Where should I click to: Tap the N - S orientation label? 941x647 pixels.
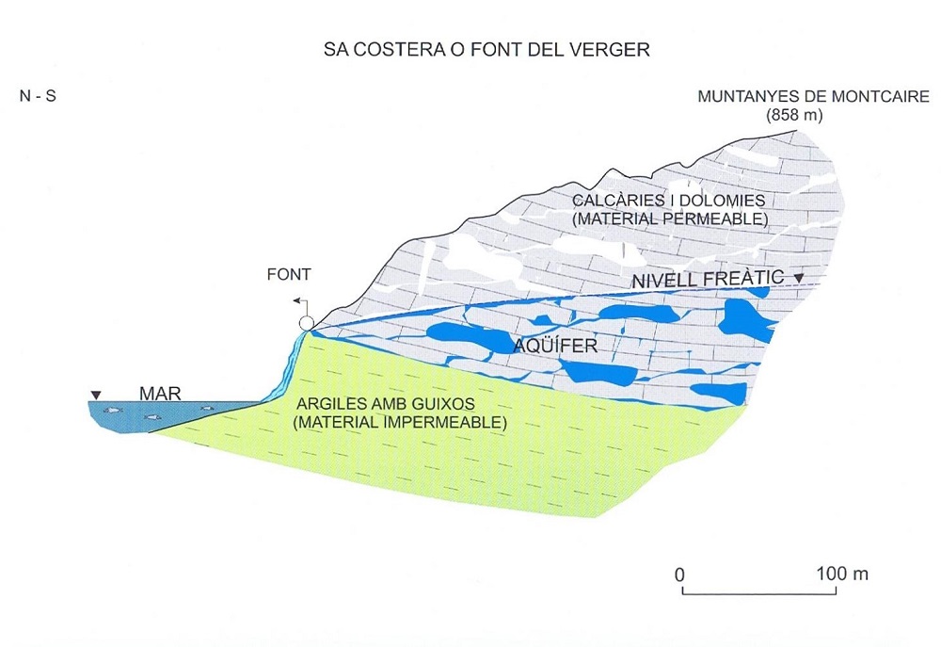tap(38, 95)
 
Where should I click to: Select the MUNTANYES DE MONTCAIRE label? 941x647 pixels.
tap(813, 96)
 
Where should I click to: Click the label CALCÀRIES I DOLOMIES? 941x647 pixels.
tap(669, 201)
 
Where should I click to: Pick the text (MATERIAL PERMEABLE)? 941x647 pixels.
tap(670, 218)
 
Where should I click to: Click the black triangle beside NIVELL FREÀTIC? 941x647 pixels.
tap(798, 278)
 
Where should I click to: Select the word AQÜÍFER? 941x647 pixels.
tap(555, 346)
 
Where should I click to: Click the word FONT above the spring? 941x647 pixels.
tap(289, 274)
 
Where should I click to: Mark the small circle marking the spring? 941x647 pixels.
tap(306, 323)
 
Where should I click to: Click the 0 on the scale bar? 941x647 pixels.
tap(679, 574)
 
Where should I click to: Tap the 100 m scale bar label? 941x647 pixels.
tap(842, 574)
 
